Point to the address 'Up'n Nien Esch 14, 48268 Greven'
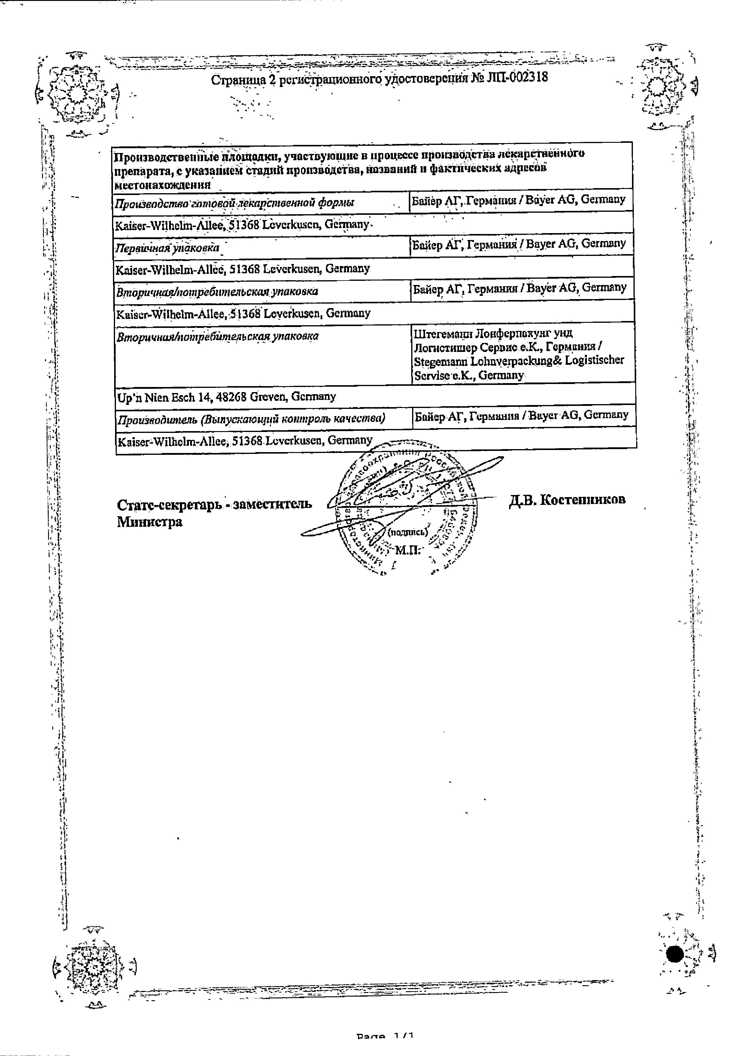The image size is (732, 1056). point(226,396)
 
